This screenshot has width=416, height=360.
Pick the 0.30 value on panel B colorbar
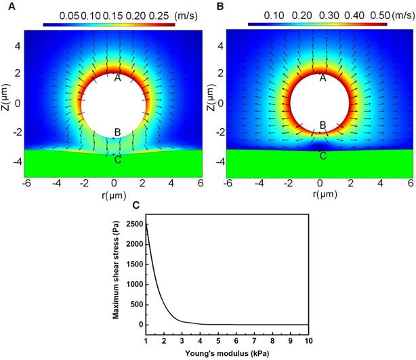coord(312,14)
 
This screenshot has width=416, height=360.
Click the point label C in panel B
coord(323,156)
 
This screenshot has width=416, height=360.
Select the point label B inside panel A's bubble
coord(117,132)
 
